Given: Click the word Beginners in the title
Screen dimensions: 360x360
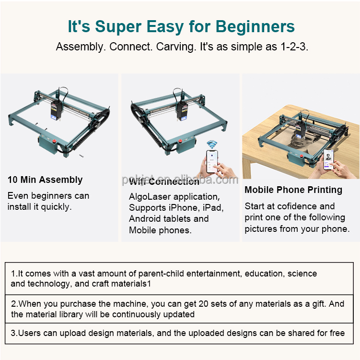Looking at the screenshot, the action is click(x=255, y=27).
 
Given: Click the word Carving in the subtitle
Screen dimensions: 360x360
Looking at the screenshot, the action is click(x=175, y=47).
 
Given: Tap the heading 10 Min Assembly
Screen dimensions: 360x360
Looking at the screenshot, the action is click(x=45, y=180).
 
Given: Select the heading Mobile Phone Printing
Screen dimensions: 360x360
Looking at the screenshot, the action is click(x=293, y=190).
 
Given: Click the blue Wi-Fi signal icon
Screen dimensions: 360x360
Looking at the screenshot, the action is click(x=212, y=145).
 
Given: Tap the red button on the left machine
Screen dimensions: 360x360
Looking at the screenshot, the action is click(x=55, y=141).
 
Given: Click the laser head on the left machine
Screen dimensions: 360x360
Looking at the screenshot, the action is click(x=56, y=111).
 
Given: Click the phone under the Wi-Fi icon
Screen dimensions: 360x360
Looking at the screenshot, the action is click(x=212, y=161).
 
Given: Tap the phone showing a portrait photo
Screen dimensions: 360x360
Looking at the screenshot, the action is click(x=328, y=159).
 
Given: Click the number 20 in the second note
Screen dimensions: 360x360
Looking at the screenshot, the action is click(x=203, y=304).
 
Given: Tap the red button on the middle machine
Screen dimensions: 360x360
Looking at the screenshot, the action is click(x=180, y=141).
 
